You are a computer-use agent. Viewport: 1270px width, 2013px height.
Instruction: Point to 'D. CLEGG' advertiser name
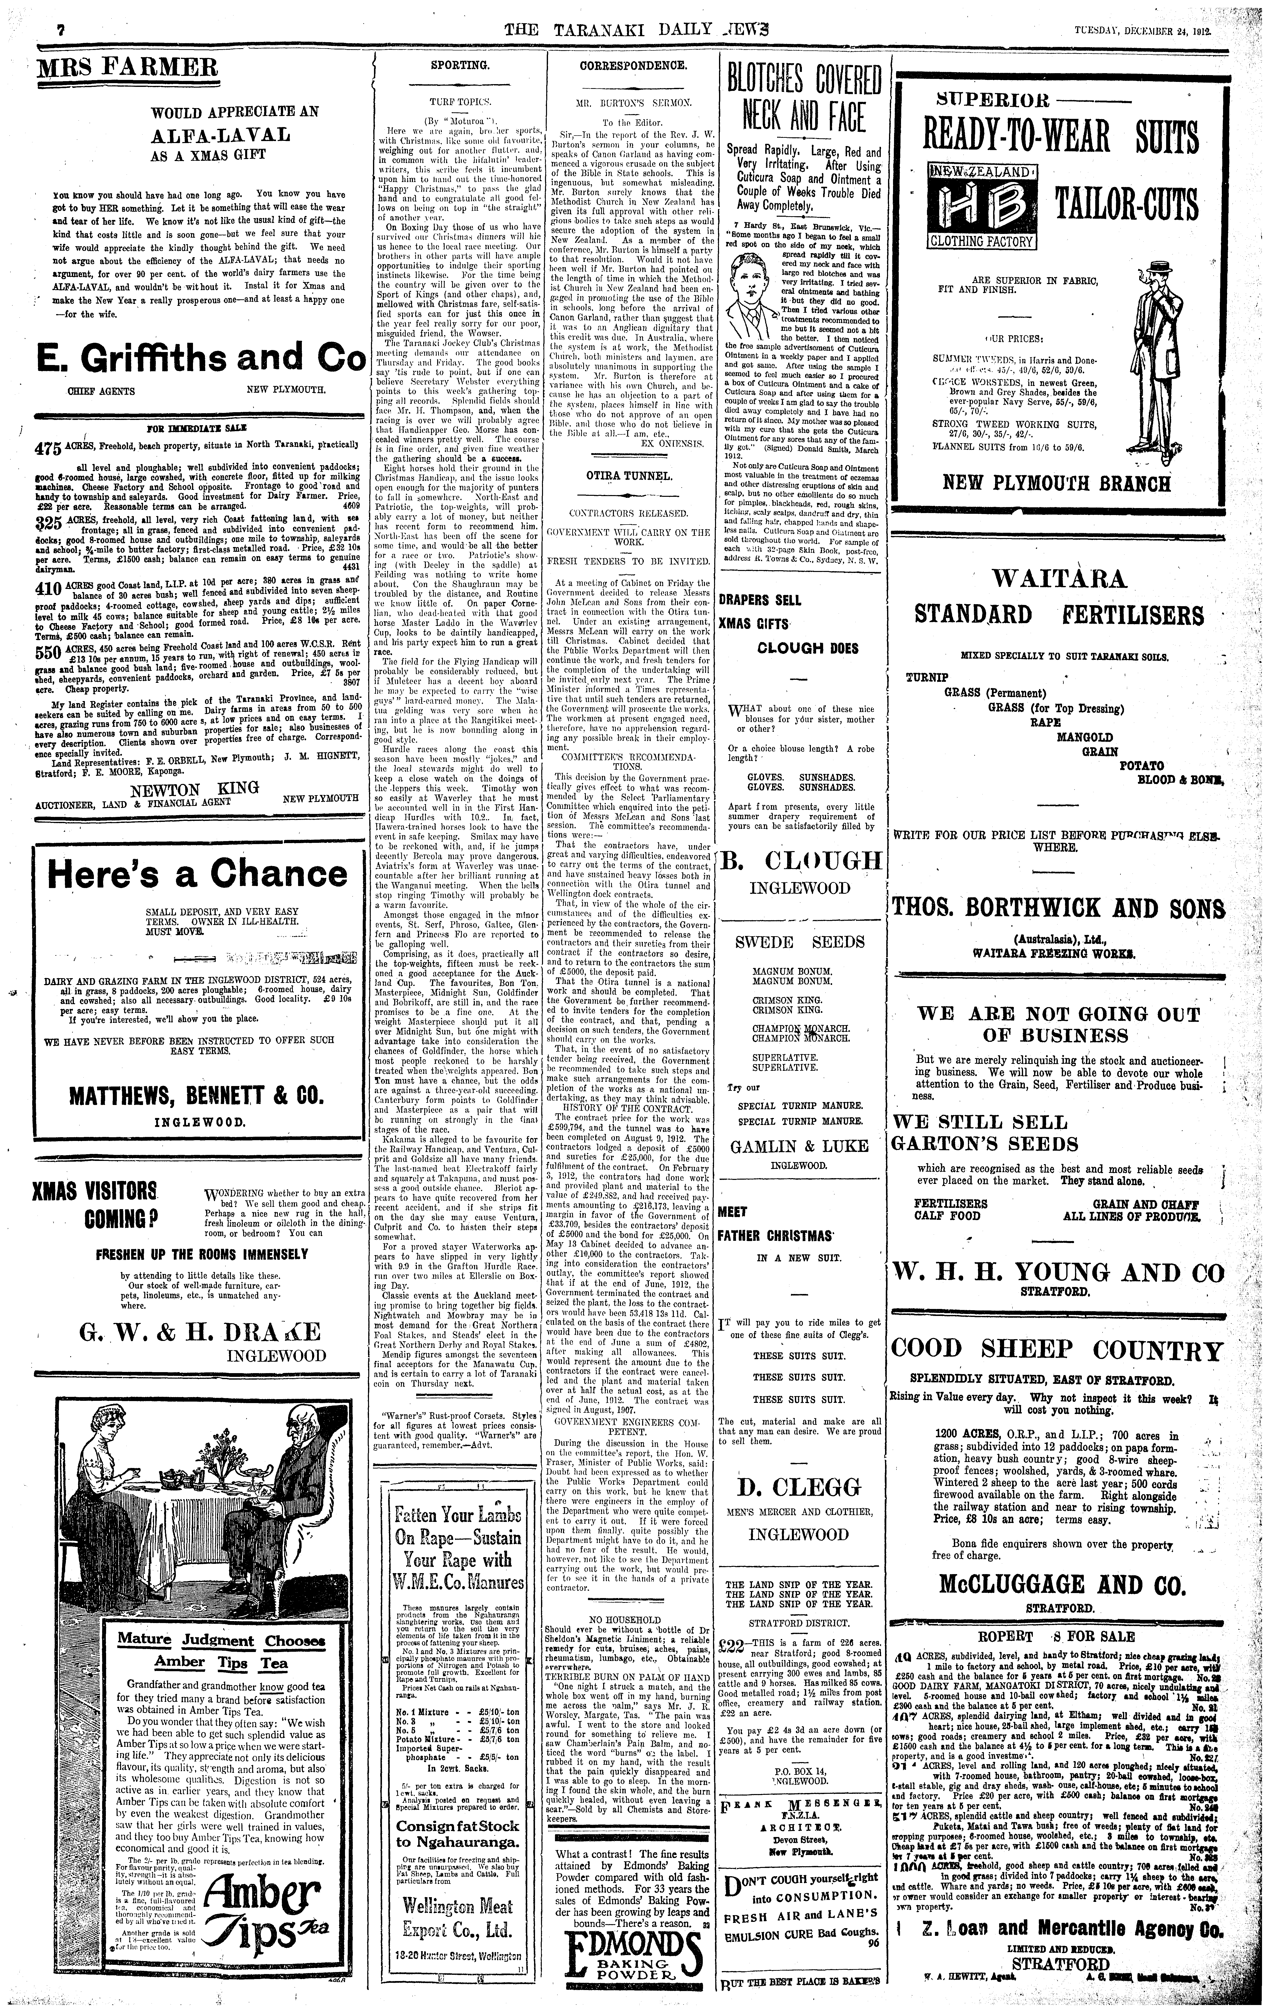click(798, 1487)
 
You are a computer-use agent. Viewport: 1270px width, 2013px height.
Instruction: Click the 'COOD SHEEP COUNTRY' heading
click(1057, 1350)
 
